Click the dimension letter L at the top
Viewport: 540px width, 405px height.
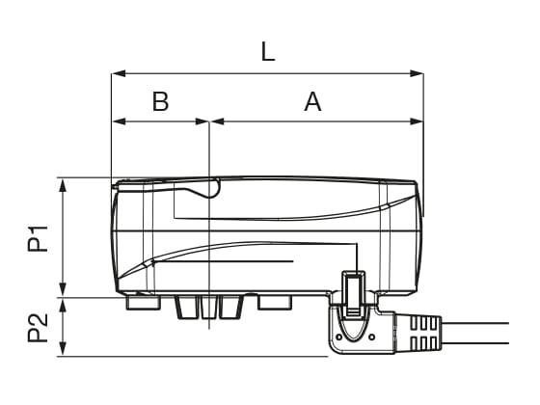click(268, 52)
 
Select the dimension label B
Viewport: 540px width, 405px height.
click(160, 102)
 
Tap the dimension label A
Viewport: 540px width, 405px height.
click(312, 102)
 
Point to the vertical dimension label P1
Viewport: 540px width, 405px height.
click(37, 237)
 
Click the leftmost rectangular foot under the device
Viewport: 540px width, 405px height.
click(143, 303)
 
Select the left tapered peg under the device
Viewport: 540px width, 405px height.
click(186, 307)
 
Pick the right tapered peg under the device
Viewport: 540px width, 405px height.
click(230, 307)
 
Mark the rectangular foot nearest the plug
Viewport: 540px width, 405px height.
click(276, 303)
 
